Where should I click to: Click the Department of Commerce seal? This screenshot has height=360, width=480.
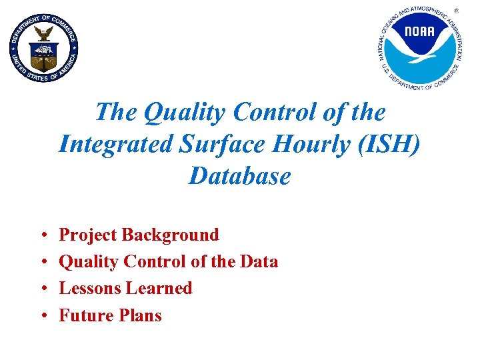click(44, 47)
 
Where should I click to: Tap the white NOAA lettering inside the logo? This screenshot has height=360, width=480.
click(419, 31)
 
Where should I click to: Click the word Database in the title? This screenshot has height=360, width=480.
click(240, 176)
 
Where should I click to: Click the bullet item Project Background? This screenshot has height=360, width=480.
click(139, 235)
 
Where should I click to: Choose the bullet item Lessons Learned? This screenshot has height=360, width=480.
click(125, 288)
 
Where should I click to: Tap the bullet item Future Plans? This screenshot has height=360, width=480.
click(110, 315)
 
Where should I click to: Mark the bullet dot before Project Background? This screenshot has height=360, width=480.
click(42, 235)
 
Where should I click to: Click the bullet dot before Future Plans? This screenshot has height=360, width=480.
click(42, 315)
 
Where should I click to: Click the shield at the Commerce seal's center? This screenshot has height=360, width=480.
click(44, 53)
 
